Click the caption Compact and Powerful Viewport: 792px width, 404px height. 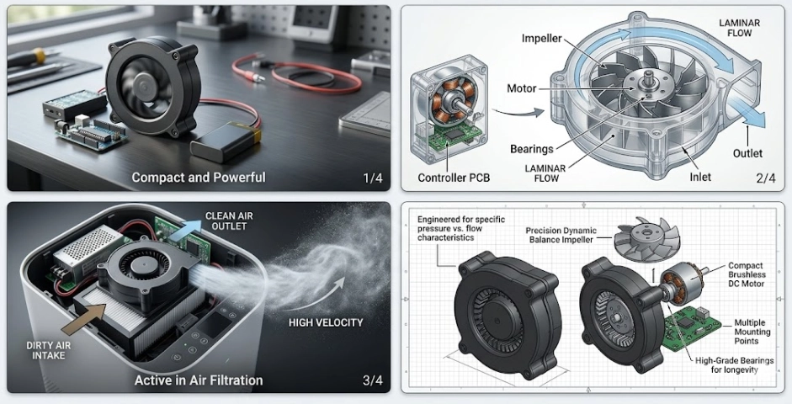tap(199, 178)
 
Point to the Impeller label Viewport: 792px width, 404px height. tap(543, 39)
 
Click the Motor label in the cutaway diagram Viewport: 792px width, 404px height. tap(522, 88)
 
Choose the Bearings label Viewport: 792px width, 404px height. tap(532, 149)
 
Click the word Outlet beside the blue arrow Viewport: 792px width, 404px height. tap(747, 153)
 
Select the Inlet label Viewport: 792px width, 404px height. tap(700, 177)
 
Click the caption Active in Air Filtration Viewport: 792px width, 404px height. tap(199, 380)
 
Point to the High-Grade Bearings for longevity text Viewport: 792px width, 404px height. tap(733, 366)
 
